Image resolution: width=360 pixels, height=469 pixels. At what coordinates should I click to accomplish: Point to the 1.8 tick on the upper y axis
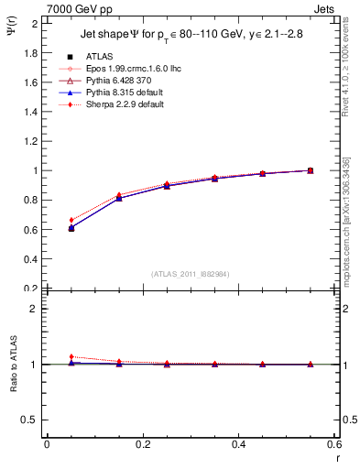[x=33, y=52]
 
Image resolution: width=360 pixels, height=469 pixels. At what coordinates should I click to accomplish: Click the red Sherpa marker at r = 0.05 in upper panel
[x=71, y=220]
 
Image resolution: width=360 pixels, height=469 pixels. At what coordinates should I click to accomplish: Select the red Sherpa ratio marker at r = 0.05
[x=71, y=357]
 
